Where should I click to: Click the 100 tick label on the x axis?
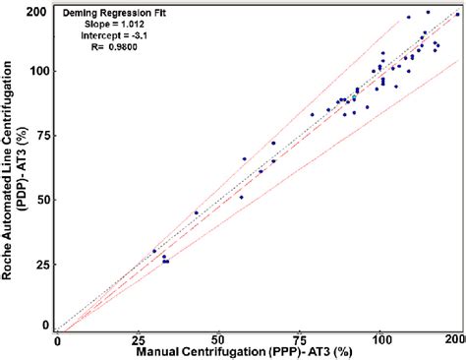pos(382,339)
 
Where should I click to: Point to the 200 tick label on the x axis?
pos(455,339)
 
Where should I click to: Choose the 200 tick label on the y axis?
pos(38,12)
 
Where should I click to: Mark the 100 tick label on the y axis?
pos(38,72)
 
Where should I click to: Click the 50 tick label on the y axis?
pos(42,200)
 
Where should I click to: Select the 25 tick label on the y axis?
pos(42,264)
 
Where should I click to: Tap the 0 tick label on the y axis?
pos(46,324)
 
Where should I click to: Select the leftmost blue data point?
pos(154,252)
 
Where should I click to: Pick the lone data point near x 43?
pos(196,212)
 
